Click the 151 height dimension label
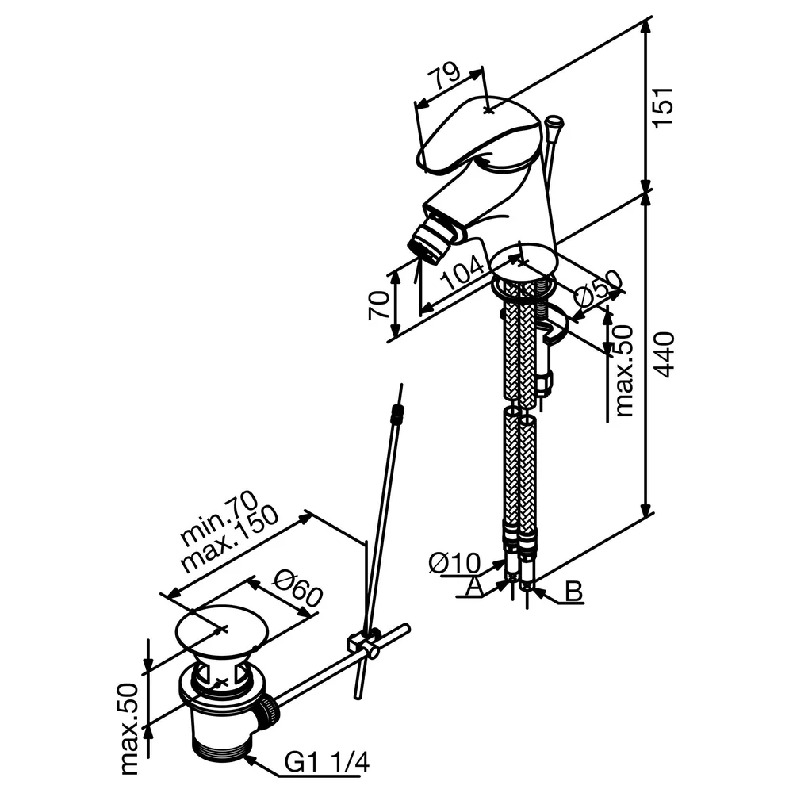pos(663,108)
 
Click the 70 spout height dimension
pos(379,305)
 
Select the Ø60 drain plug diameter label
pos(298,588)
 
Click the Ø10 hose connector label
pos(454,562)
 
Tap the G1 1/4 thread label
pos(326,761)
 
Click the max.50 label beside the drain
pos(130,729)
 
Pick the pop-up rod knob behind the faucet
pos(554,122)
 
